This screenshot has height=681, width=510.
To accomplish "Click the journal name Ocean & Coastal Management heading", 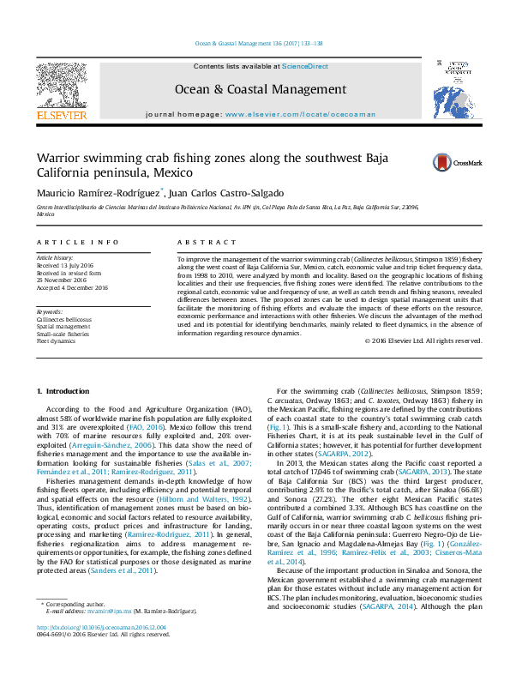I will [x=261, y=89].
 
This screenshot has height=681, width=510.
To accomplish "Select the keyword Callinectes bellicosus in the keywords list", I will [x=63, y=319].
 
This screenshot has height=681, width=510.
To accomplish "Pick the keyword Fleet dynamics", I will [x=57, y=341].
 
